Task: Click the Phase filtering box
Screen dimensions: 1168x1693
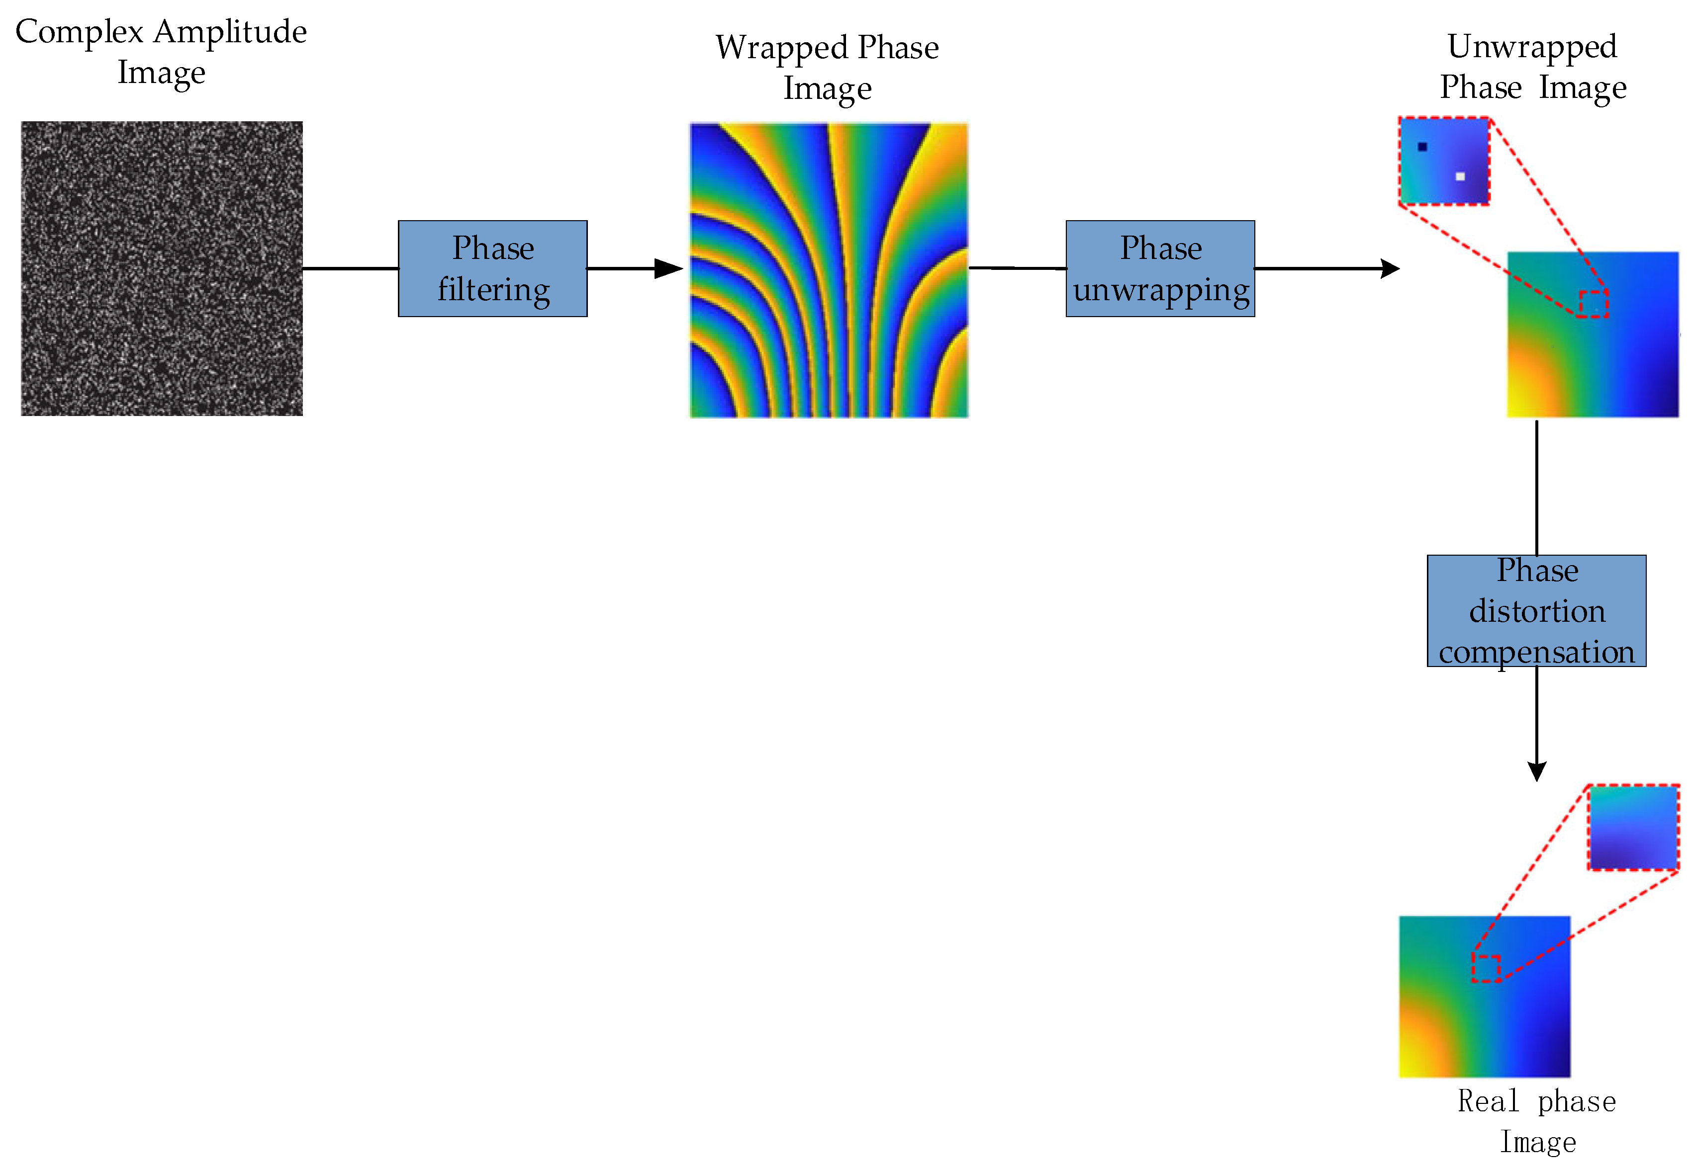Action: (492, 268)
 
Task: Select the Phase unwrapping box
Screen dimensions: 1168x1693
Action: (1160, 268)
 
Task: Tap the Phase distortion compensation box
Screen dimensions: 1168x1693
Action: (1536, 610)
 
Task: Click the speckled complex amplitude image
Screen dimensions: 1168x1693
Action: (161, 268)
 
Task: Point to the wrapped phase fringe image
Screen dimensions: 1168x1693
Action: (828, 269)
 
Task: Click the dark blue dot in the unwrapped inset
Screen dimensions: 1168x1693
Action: (1422, 146)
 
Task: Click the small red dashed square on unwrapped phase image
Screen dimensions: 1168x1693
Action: (1593, 304)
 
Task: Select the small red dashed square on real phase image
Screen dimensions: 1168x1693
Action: (1487, 968)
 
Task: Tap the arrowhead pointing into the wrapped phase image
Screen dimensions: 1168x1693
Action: (669, 268)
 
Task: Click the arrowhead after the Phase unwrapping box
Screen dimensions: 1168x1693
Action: (1390, 268)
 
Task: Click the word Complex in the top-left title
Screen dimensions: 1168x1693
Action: (79, 33)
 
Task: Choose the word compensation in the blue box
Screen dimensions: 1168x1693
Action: (1536, 651)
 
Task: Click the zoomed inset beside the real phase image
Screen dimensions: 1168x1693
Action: (1633, 827)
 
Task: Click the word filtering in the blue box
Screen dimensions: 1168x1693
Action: (493, 290)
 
